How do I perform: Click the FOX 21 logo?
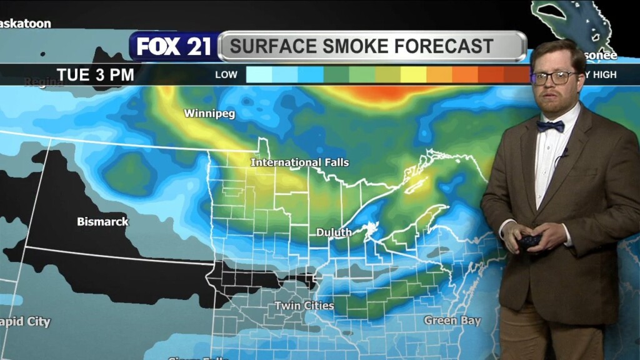174,47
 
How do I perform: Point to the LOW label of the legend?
226,75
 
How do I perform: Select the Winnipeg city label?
201,114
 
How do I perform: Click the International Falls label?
299,162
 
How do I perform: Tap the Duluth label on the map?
333,232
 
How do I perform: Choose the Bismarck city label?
102,221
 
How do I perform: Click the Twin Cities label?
304,306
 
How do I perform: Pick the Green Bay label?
452,321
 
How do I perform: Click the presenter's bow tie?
550,126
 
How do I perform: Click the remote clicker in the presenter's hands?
529,241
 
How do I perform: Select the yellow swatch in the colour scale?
412,75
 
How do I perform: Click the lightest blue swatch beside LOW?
259,75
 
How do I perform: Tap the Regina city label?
44,82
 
